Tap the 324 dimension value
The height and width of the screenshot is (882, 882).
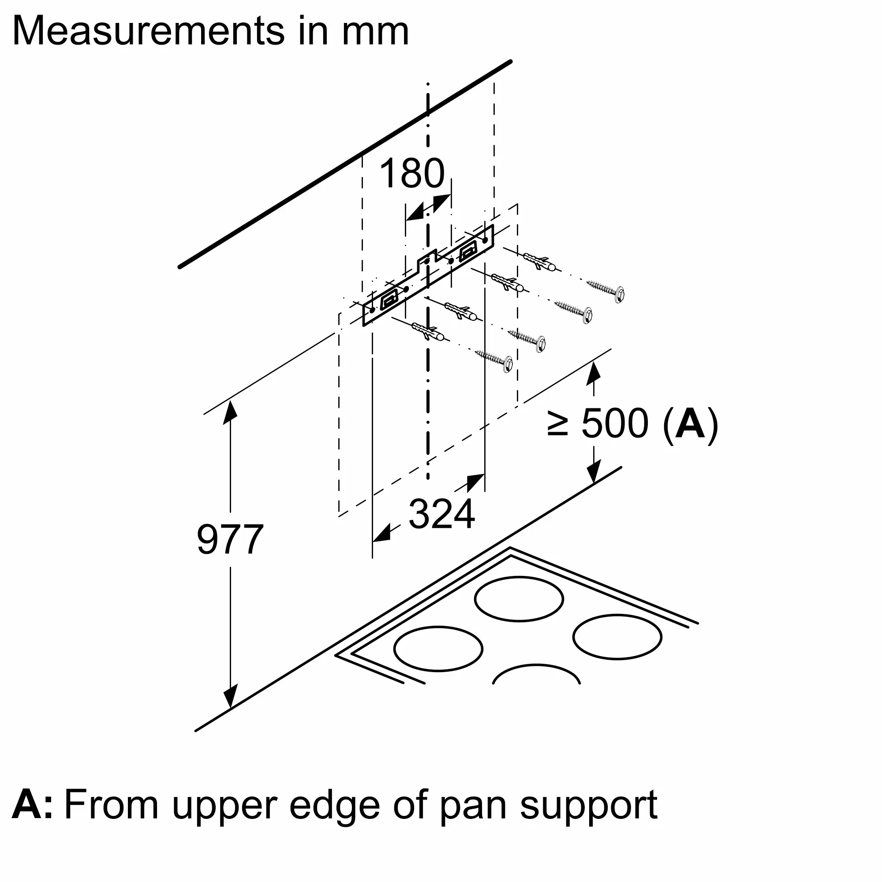tap(441, 515)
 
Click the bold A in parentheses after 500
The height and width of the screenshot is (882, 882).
tap(690, 424)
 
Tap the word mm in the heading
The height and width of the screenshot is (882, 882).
tap(375, 32)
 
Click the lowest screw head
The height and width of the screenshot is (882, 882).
tap(507, 364)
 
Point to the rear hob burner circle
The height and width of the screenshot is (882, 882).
tap(519, 599)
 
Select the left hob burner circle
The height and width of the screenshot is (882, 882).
tap(438, 648)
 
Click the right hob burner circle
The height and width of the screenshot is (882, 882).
tap(617, 637)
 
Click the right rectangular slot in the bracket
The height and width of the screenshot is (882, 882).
tap(468, 250)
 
